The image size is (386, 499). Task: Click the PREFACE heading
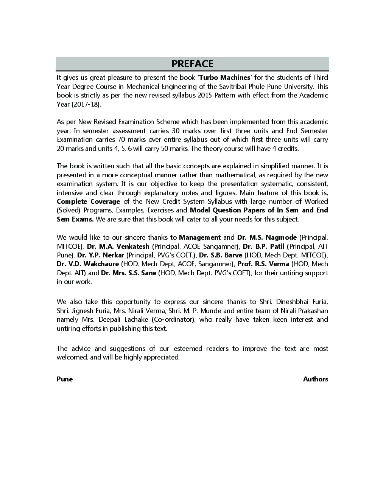(192, 64)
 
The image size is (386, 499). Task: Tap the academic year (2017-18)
(79, 104)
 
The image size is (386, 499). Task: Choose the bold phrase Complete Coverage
(88, 201)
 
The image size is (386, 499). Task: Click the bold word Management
(199, 237)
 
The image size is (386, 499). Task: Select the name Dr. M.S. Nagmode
(267, 237)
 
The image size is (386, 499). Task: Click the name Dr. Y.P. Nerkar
(100, 255)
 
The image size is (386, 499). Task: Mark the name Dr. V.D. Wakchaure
(88, 264)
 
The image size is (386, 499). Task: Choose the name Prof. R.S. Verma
(263, 264)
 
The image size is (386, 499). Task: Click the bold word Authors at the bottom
(315, 379)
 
